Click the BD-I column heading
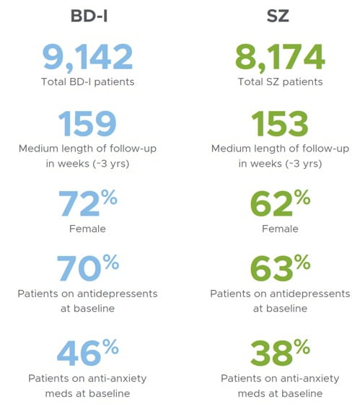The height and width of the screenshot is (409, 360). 89,16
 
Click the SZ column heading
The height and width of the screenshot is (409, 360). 278,16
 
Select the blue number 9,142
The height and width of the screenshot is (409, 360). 87,58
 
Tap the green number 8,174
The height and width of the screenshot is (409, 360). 280,58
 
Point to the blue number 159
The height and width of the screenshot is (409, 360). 87,123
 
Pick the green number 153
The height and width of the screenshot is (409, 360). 280,123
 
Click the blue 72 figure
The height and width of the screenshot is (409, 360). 79,203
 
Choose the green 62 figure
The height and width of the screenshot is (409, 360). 271,203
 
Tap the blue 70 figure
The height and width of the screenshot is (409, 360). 79,268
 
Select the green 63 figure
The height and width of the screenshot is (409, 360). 271,268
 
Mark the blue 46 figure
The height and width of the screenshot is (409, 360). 79,353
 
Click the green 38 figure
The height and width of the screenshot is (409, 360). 271,353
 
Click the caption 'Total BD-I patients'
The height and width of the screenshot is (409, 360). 87,82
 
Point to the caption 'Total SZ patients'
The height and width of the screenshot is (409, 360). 280,82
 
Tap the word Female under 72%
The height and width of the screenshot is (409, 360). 87,229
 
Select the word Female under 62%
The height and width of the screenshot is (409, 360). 280,229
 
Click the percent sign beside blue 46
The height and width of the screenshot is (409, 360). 110,347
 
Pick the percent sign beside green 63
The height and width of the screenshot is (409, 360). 302,262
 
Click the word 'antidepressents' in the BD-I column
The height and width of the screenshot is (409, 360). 118,294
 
